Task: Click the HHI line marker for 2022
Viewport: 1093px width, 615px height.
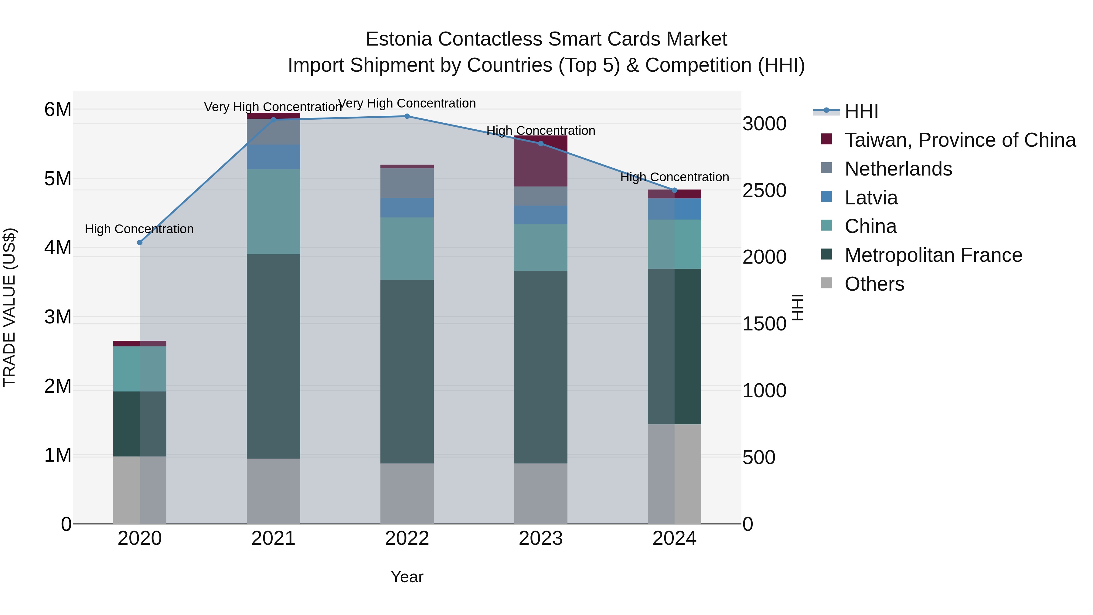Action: tap(407, 116)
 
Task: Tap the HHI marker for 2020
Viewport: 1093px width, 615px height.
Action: tap(140, 242)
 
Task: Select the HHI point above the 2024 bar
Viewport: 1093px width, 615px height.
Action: tap(674, 190)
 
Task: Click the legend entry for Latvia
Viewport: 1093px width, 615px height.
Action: tap(871, 198)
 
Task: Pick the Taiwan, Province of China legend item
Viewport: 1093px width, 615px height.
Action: tap(960, 140)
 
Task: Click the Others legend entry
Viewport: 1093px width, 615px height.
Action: tap(874, 284)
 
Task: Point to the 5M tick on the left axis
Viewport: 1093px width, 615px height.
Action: tap(58, 179)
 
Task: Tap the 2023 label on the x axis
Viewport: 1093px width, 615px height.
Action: tap(540, 538)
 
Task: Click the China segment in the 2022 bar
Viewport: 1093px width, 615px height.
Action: tap(407, 249)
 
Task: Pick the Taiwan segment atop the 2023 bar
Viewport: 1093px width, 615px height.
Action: tap(540, 161)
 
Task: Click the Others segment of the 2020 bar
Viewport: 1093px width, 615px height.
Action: tap(140, 490)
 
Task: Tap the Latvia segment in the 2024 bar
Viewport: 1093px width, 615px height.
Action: tap(674, 209)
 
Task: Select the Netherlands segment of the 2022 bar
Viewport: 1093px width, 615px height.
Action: tap(407, 183)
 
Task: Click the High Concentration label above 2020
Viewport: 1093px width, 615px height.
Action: tap(139, 229)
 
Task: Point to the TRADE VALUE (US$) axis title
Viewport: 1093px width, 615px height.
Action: tap(9, 307)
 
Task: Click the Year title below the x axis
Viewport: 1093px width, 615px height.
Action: tap(407, 577)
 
